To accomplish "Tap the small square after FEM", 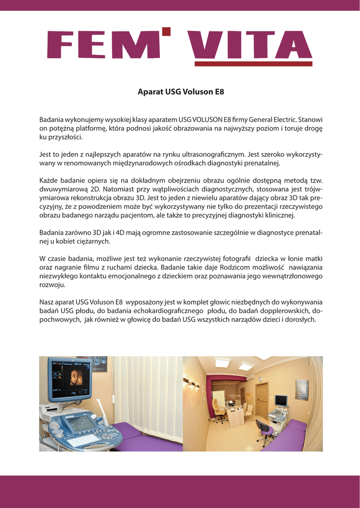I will tap(166, 32).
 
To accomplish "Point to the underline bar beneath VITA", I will tap(253, 64).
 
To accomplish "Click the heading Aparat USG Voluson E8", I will tap(181, 92).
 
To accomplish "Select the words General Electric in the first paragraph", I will tap(272, 120).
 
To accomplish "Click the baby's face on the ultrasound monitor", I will tap(75, 377).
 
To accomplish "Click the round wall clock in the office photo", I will tap(260, 380).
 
